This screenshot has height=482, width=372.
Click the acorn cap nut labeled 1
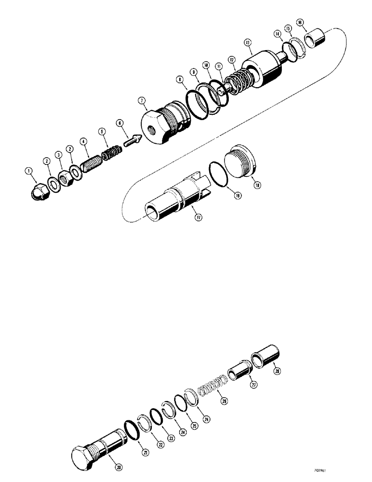(x=37, y=192)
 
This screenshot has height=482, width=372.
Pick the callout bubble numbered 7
(x=142, y=100)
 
